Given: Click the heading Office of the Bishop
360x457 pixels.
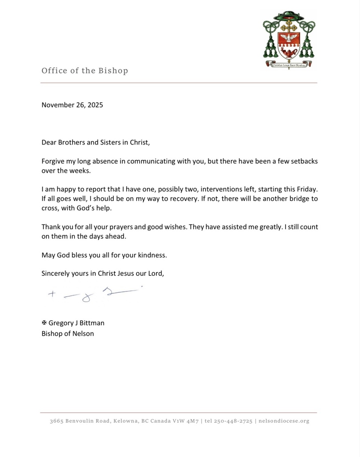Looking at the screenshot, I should click(85, 71).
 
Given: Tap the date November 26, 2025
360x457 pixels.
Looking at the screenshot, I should click(72, 105).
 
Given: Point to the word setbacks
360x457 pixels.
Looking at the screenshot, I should click(302, 161).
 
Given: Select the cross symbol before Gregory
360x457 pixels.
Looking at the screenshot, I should click(44, 323).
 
